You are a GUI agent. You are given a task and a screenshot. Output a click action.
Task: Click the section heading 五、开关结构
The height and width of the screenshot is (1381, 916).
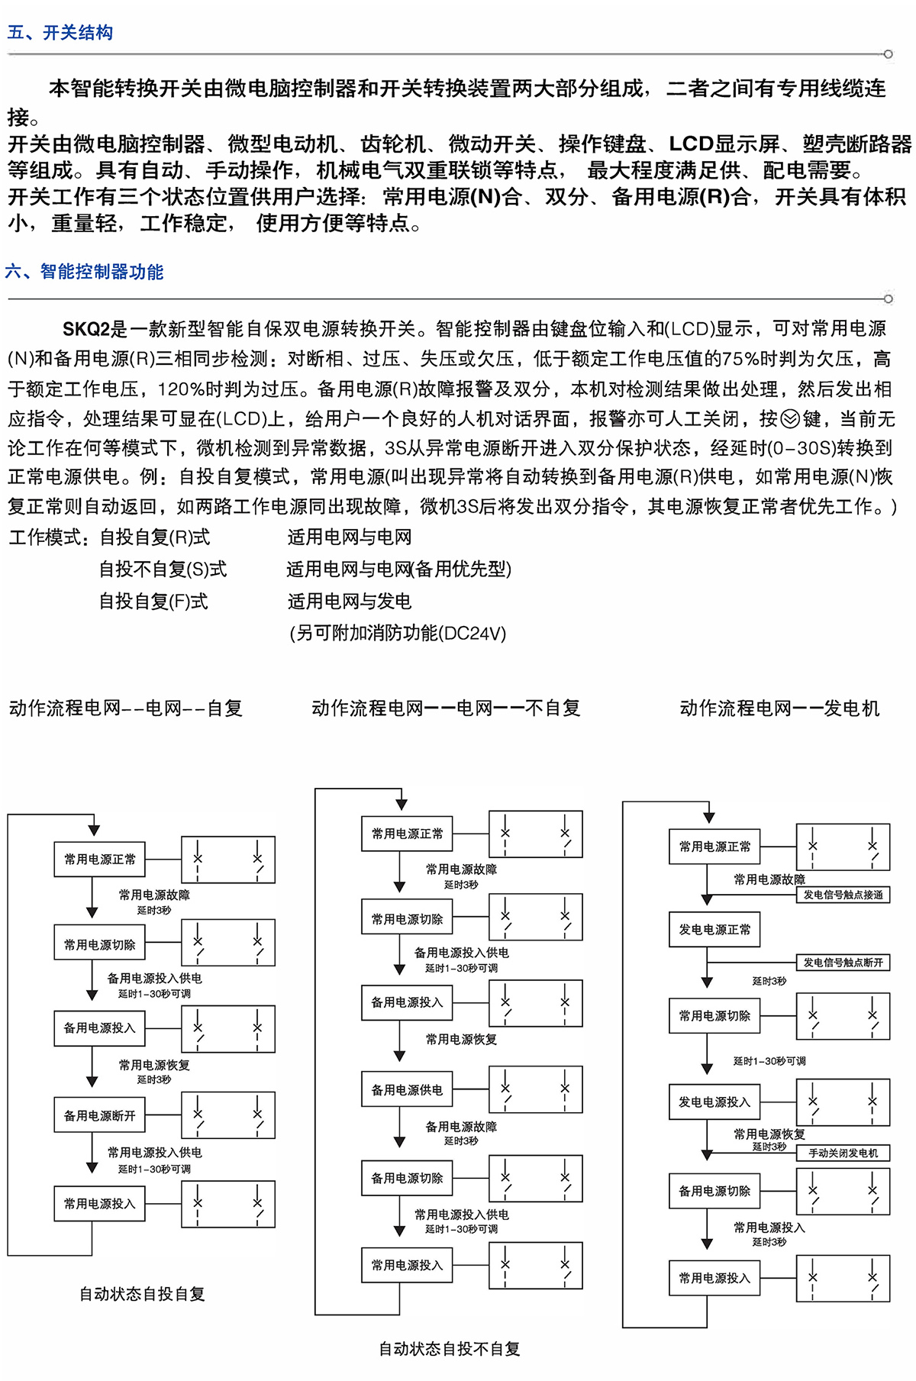pyautogui.click(x=60, y=33)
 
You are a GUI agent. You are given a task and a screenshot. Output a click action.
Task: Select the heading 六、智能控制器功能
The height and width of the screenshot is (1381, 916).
pyautogui.click(x=85, y=272)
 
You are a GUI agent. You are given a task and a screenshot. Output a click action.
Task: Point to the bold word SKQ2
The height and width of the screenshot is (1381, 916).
pyautogui.click(x=85, y=329)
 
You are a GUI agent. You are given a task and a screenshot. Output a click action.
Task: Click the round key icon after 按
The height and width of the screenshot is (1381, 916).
pyautogui.click(x=790, y=419)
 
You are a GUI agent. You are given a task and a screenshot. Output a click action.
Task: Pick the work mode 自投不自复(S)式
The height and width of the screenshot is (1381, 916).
pyautogui.click(x=163, y=570)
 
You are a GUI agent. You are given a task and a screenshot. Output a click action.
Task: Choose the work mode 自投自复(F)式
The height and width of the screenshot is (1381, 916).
pyautogui.click(x=153, y=602)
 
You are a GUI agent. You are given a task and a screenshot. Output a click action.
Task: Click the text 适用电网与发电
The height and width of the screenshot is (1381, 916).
pyautogui.click(x=349, y=602)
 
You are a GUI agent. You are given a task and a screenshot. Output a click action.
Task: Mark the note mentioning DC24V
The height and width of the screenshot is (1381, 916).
pyautogui.click(x=398, y=634)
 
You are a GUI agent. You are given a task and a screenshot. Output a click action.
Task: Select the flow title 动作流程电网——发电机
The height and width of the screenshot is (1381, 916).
pyautogui.click(x=779, y=708)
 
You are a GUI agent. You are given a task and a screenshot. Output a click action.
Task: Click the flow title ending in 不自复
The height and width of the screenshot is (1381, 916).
pyautogui.click(x=446, y=708)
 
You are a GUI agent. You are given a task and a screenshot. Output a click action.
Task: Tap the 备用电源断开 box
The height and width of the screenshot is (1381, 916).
pyautogui.click(x=99, y=1116)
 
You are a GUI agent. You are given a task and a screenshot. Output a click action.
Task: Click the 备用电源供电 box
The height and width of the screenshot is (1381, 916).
pyautogui.click(x=407, y=1090)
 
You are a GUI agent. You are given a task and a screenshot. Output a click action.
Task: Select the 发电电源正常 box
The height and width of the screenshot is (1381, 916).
pyautogui.click(x=714, y=930)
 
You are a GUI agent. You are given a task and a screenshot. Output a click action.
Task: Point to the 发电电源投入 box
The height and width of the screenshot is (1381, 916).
pyautogui.click(x=714, y=1102)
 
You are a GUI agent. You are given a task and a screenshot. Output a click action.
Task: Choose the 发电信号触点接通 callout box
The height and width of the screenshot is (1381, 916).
pyautogui.click(x=843, y=895)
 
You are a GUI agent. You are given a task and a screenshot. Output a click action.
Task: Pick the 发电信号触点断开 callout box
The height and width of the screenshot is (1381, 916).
pyautogui.click(x=843, y=963)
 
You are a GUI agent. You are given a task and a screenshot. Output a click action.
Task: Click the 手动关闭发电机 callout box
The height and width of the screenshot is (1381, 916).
pyautogui.click(x=843, y=1153)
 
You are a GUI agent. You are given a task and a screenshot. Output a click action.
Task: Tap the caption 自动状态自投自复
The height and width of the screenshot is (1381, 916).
pyautogui.click(x=142, y=1294)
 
